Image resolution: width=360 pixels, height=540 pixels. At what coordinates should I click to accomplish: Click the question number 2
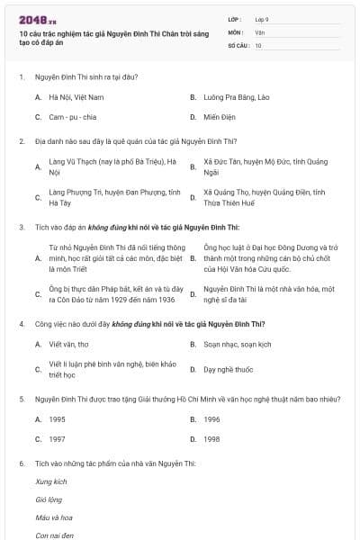21,140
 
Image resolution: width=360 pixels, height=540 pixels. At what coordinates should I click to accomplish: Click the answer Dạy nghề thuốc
229,369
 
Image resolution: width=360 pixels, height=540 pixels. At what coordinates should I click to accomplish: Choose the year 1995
57,418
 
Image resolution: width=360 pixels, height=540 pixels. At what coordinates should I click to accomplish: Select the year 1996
211,418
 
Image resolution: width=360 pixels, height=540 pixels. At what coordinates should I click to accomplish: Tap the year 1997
57,439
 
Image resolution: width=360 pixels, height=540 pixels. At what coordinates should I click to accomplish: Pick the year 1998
211,439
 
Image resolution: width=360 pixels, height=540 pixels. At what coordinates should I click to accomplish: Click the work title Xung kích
51,481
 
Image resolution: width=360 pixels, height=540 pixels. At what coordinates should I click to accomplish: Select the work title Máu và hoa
54,517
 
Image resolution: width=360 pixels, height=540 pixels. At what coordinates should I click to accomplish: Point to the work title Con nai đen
54,535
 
